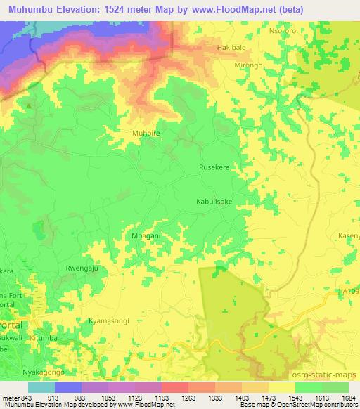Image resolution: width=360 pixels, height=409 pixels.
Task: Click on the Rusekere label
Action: tap(215, 168)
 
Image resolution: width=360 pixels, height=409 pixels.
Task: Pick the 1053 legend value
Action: tap(100, 396)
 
